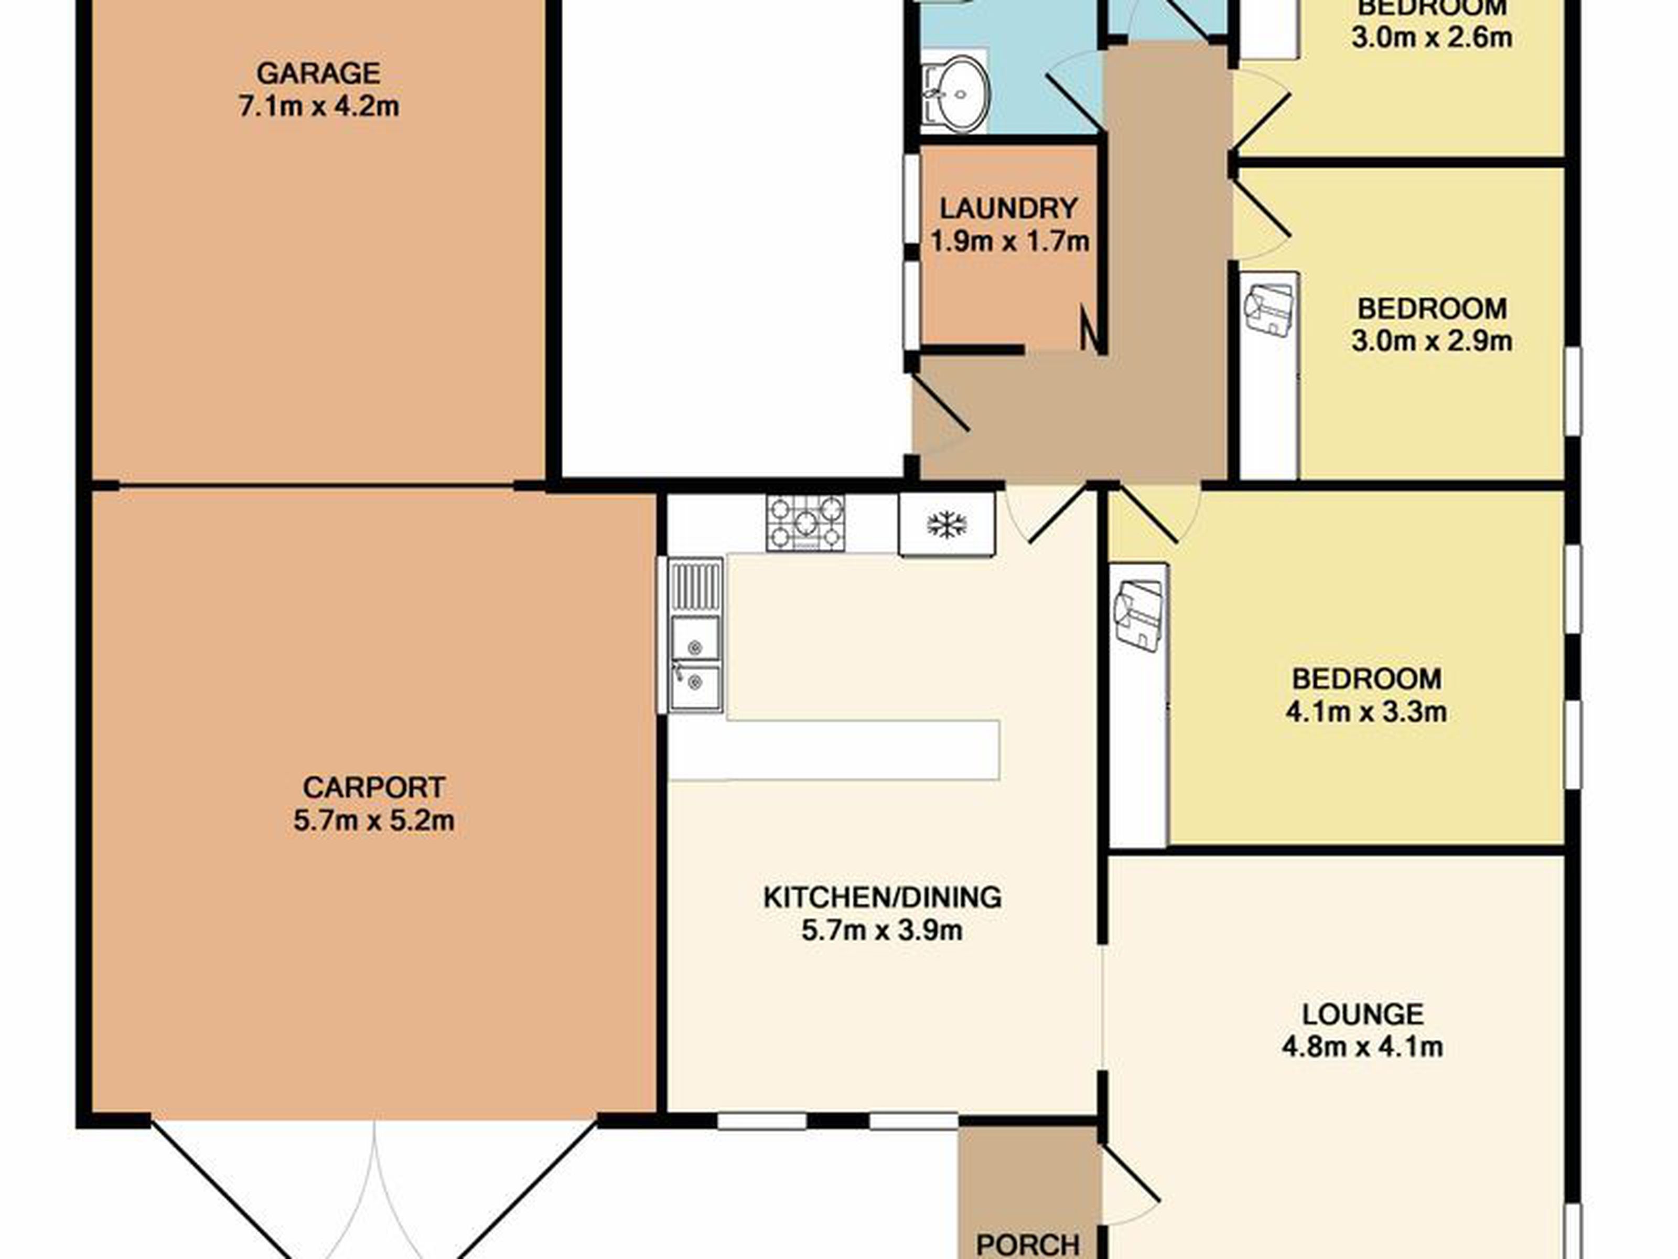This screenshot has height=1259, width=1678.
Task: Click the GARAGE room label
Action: tap(319, 73)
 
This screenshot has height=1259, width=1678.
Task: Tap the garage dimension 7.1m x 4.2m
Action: tap(319, 106)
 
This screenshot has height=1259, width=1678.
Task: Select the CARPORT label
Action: tap(373, 788)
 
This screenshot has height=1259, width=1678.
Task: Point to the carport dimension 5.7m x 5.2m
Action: tap(374, 821)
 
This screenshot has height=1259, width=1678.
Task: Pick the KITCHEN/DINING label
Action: tap(882, 898)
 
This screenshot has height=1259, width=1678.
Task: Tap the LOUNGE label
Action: tap(1363, 1014)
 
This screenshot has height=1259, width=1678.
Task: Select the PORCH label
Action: tap(1028, 1245)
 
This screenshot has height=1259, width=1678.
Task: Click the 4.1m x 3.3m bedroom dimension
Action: tap(1366, 712)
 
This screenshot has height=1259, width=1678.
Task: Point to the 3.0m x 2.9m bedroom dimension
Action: tap(1432, 341)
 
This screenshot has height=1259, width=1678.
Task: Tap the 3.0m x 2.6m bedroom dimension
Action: tap(1432, 37)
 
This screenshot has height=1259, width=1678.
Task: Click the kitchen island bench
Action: tap(834, 749)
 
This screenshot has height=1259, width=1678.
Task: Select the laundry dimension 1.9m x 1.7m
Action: tap(1009, 242)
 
